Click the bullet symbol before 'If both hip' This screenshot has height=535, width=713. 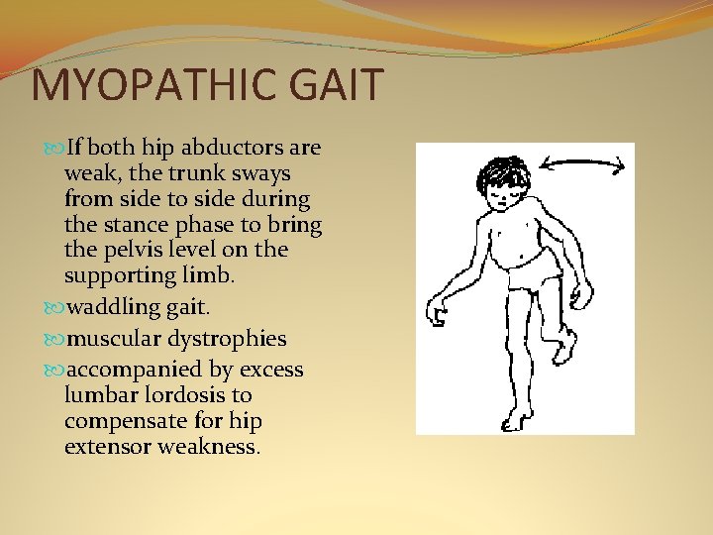[55, 149]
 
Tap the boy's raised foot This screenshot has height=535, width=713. [564, 348]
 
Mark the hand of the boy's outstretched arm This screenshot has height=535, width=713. [436, 316]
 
